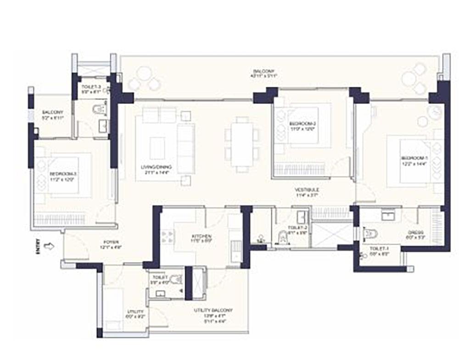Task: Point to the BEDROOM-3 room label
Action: [63, 176]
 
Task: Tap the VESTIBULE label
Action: [307, 192]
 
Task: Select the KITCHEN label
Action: [201, 238]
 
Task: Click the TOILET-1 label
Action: [378, 250]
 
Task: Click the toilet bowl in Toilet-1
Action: [369, 234]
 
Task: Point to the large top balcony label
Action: [260, 73]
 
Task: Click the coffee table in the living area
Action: [158, 146]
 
